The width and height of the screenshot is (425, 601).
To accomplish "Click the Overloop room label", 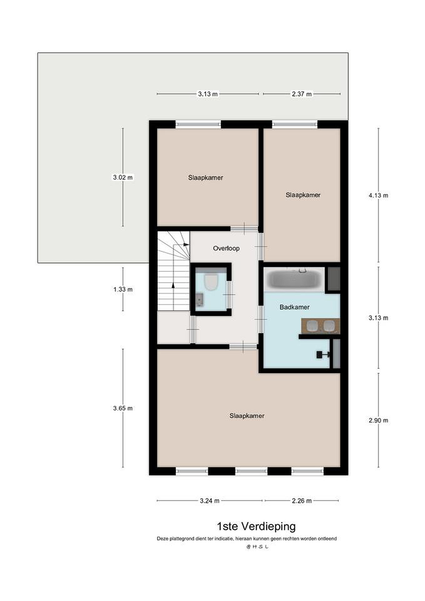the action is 226,248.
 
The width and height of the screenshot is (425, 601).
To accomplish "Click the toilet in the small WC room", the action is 211,282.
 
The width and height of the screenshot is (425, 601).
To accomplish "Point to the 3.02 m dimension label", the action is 123,177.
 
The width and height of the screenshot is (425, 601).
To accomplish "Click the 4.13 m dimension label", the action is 378,195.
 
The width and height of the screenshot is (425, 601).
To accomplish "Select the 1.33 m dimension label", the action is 123,289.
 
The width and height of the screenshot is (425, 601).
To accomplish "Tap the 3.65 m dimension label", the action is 123,408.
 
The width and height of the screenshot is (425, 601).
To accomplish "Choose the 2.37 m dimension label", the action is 302,94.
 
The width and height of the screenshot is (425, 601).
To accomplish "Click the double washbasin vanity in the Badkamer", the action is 320,326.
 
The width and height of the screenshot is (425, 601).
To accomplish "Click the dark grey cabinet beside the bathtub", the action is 334,279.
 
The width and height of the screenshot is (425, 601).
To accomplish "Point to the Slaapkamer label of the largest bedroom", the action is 247,416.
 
